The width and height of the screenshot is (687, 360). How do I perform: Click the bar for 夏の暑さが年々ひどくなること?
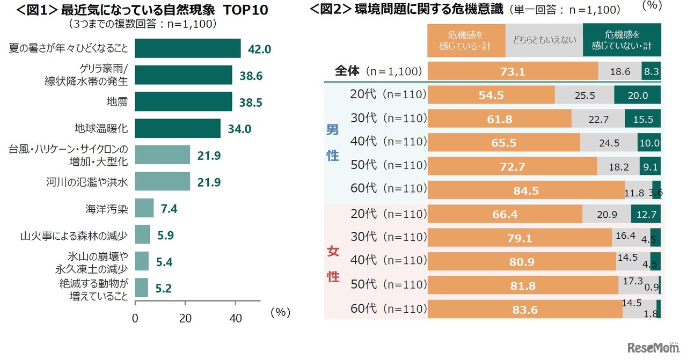pos(187,48)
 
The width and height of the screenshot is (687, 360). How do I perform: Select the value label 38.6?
pos(251,76)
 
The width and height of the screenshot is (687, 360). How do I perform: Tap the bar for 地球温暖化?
pos(177,128)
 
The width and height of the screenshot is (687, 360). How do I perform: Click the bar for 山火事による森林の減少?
pos(142,234)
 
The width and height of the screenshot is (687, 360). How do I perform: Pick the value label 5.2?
pos(164,288)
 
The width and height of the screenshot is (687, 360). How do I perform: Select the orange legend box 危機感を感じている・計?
pos(466,41)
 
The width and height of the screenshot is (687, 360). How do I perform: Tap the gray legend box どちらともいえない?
pos(544,41)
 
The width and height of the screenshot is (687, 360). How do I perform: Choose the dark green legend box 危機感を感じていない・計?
pos(622,41)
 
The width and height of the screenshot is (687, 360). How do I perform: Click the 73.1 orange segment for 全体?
pos(513,71)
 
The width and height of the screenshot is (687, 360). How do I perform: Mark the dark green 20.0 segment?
pos(637,95)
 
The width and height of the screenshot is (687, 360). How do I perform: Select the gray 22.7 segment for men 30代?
pos(598,119)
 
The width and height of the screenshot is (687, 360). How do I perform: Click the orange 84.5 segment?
pos(526,190)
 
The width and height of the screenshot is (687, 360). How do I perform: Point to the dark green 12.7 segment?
pos(646,214)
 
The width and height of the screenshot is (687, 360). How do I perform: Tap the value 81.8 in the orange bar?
pos(523,285)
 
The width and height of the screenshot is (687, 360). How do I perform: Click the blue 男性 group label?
pos(333,142)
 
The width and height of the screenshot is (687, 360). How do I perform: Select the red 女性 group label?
pos(333,263)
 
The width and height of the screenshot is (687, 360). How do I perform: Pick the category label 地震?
pos(117,101)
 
